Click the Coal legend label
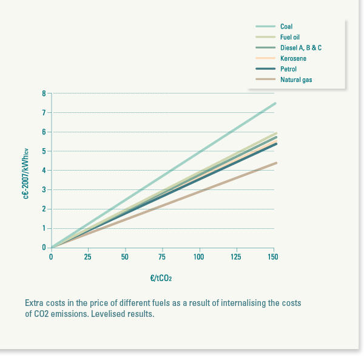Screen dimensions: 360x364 point(286,27)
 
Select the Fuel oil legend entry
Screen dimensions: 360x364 point(290,37)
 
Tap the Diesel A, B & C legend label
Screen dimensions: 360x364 point(300,47)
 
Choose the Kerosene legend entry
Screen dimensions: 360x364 point(293,58)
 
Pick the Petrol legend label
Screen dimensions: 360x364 point(288,69)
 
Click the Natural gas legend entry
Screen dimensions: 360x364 point(296,80)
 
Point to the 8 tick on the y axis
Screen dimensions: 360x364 point(44,93)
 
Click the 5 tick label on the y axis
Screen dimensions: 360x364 point(44,151)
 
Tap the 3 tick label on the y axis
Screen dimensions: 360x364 point(44,189)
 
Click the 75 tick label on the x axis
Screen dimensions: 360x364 point(163,257)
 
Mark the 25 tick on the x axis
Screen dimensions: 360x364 point(89,257)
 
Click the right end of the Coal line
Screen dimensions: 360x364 point(275,103)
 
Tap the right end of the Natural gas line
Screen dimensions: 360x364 point(275,163)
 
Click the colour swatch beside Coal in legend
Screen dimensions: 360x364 point(266,27)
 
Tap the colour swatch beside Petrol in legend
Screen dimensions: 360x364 point(266,69)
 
